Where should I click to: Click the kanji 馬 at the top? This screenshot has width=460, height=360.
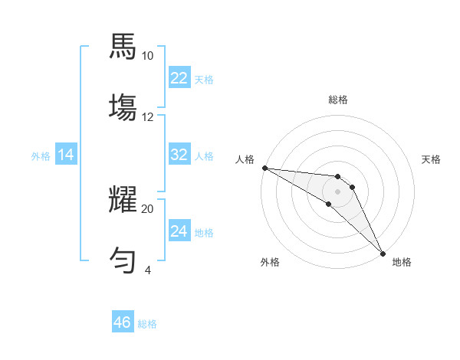(x=123, y=46)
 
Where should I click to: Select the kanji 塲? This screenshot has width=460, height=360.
(x=123, y=106)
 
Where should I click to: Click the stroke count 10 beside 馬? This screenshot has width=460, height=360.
(x=147, y=56)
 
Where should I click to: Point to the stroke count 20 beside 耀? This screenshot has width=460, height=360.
(x=147, y=208)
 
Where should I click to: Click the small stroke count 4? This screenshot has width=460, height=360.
(x=147, y=270)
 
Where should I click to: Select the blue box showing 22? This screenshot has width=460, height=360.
(x=179, y=78)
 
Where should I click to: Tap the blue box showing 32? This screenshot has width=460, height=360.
(x=179, y=155)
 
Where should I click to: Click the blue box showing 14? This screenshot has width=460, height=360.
(x=66, y=155)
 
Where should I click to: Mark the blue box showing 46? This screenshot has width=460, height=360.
(x=122, y=322)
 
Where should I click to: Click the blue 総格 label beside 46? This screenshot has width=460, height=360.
(x=147, y=324)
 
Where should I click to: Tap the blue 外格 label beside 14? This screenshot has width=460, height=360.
(x=41, y=156)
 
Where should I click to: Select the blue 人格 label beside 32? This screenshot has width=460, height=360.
(x=204, y=156)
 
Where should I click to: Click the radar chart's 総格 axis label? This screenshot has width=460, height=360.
(x=338, y=100)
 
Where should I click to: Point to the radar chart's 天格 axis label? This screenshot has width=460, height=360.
(x=431, y=159)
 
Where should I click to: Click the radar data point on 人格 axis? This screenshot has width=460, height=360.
(x=264, y=168)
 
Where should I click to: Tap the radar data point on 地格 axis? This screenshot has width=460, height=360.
(x=383, y=253)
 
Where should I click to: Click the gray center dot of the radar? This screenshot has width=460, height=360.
(x=337, y=191)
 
